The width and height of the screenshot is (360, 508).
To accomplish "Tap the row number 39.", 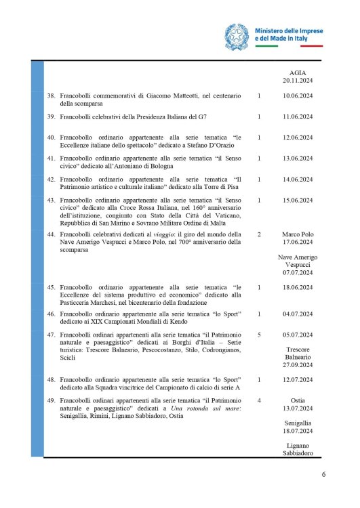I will (x=50, y=117).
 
